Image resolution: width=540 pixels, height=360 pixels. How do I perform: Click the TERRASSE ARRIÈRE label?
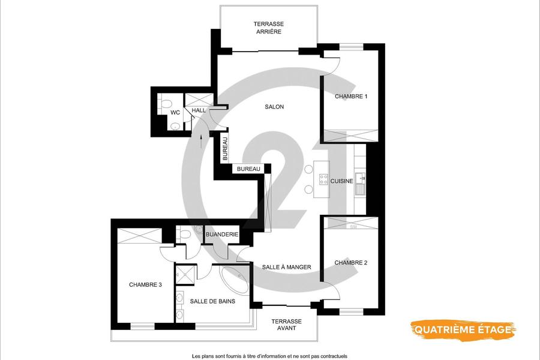(x=269, y=28)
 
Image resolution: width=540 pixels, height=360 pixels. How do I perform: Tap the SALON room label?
(x=274, y=107)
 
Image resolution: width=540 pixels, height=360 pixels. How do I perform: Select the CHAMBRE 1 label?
(x=351, y=97)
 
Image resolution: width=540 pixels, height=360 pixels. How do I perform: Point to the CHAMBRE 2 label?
(x=350, y=263)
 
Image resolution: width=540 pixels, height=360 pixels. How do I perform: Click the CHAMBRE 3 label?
(x=145, y=285)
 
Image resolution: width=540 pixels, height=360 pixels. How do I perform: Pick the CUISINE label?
(x=341, y=181)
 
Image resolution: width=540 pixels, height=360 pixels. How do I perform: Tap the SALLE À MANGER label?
(x=287, y=267)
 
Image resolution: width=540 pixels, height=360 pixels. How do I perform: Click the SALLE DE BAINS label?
(x=212, y=301)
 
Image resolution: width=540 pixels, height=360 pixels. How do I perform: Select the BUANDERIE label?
(x=222, y=235)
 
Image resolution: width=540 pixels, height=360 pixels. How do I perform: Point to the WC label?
(x=175, y=113)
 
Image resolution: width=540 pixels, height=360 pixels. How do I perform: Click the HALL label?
(x=199, y=110)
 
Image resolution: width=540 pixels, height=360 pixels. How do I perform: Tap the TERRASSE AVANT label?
(x=287, y=325)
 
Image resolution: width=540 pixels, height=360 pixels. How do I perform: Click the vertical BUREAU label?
(x=225, y=149)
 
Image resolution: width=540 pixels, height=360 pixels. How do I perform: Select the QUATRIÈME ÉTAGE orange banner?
(x=463, y=329)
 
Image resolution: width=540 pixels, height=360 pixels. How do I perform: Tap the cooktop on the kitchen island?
(x=323, y=179)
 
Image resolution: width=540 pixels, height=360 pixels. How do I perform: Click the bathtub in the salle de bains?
(x=235, y=280)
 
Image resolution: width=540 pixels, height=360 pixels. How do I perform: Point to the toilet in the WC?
(x=167, y=104)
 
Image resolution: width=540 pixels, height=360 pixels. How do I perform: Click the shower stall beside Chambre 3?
(x=185, y=274)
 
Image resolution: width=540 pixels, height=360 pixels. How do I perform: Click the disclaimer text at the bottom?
(x=269, y=356)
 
